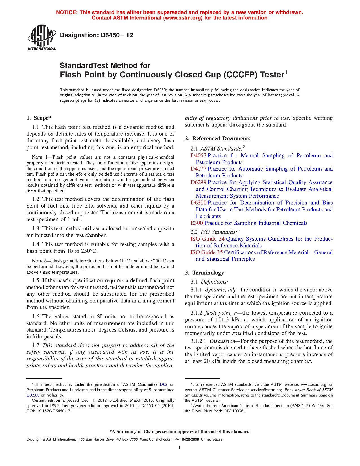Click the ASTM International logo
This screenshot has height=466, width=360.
42,38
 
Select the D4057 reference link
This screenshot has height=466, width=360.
198,156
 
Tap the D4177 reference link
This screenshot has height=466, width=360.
198,169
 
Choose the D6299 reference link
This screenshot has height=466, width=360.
198,182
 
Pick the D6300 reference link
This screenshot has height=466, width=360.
198,203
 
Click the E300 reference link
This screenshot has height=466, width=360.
197,223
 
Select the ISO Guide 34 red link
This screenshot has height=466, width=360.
207,239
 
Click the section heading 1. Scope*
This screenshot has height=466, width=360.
39,118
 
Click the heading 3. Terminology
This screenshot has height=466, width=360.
204,273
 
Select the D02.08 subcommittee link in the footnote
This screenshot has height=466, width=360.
33,395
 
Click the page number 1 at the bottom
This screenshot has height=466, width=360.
180,448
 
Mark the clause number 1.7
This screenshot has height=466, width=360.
36,345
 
